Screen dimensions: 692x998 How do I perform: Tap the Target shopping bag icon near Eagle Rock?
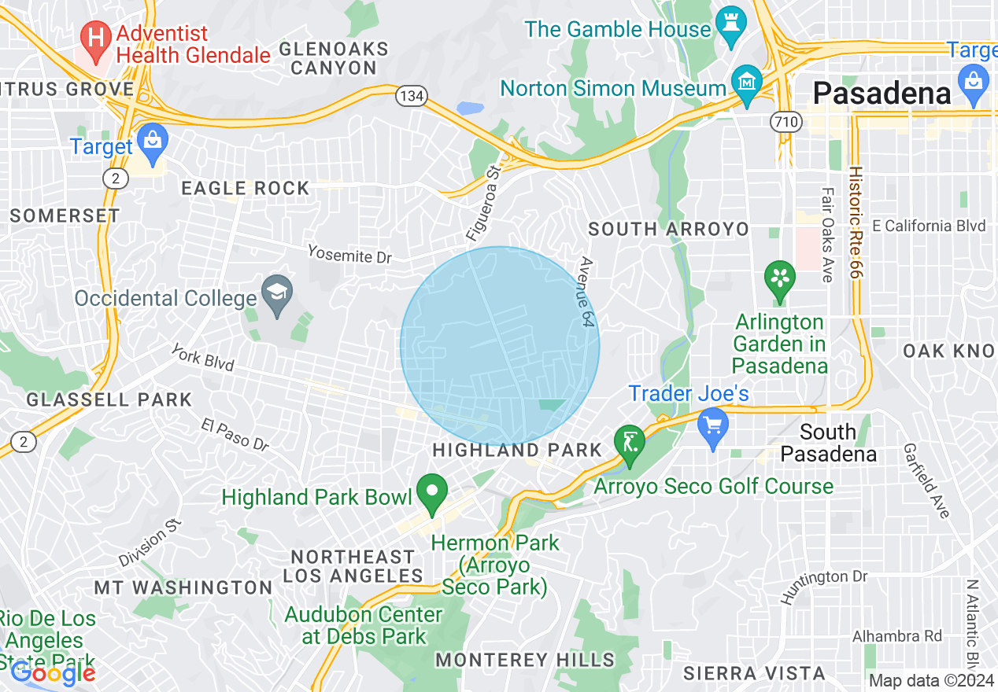pos(153,142)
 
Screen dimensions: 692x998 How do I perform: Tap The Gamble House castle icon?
pos(730,28)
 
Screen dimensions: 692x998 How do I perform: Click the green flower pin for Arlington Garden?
pos(780,280)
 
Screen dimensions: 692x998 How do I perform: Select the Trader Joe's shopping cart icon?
pos(713,427)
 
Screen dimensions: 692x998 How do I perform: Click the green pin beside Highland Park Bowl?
pos(431,493)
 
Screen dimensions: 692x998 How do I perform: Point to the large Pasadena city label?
pos(882,94)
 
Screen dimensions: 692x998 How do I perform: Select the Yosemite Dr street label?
pos(349,254)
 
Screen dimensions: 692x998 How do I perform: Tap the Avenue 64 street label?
pos(586,291)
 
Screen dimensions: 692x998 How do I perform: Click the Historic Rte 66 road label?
pos(856,223)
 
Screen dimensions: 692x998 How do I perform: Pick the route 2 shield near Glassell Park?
pos(24,443)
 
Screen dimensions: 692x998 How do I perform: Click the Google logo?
pos(53,673)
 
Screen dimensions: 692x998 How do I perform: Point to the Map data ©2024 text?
pos(931,680)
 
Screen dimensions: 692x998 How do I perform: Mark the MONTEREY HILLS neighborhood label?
pos(525,660)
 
